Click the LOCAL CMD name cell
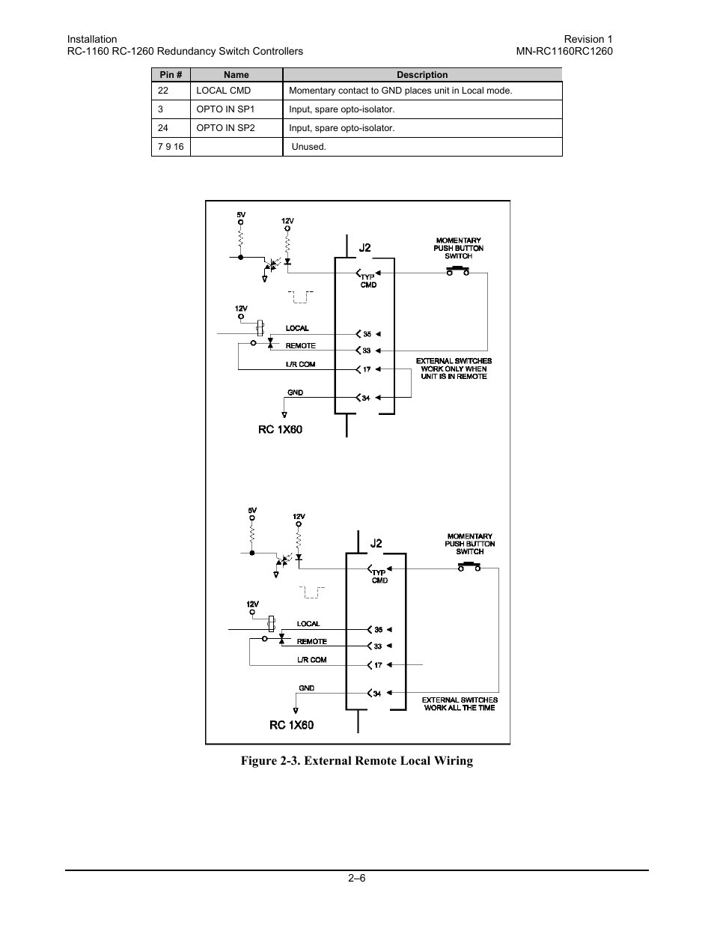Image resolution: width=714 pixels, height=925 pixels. (223, 91)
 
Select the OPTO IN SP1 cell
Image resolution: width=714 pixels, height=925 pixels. (225, 109)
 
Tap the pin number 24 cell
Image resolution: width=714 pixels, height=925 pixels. (163, 128)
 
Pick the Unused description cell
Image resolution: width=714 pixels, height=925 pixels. (308, 147)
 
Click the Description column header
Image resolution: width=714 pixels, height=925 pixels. (422, 75)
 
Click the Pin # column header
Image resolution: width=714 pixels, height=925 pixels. (171, 75)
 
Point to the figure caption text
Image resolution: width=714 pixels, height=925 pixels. (356, 761)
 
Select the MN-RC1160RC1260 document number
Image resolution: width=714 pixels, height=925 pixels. (564, 51)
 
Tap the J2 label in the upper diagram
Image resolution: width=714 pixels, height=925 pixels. (364, 248)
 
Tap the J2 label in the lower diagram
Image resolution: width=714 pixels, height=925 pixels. (376, 543)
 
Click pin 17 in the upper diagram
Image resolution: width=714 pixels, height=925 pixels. (367, 369)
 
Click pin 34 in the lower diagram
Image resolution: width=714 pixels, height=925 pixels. (377, 694)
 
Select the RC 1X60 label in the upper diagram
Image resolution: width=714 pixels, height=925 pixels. (280, 430)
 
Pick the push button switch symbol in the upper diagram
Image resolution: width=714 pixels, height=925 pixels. (458, 271)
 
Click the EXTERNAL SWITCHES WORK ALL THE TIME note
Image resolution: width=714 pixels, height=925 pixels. (460, 703)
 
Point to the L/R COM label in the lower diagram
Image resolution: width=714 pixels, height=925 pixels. (311, 660)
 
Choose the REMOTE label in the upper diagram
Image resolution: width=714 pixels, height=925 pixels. (300, 346)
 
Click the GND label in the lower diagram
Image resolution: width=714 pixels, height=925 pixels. (306, 688)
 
